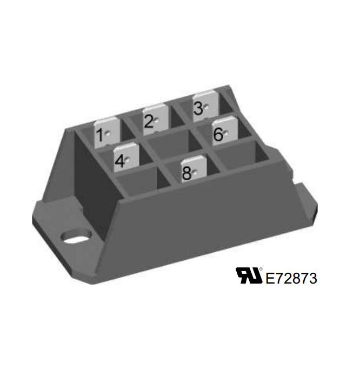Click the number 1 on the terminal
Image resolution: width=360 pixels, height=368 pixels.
[x=100, y=135]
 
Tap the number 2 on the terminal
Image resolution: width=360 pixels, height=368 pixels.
[x=149, y=122]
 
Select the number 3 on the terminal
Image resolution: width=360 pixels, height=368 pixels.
[x=198, y=108]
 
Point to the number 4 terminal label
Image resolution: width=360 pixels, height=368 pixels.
[x=120, y=161]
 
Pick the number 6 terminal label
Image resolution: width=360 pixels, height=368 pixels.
[x=218, y=134]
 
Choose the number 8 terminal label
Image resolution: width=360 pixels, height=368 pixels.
[x=187, y=173]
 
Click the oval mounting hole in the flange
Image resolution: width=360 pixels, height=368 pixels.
[x=76, y=237]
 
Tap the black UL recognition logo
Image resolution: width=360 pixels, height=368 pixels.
[x=249, y=275]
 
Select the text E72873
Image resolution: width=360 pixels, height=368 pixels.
[x=291, y=278]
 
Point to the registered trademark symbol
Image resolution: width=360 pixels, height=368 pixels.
[x=261, y=269]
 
